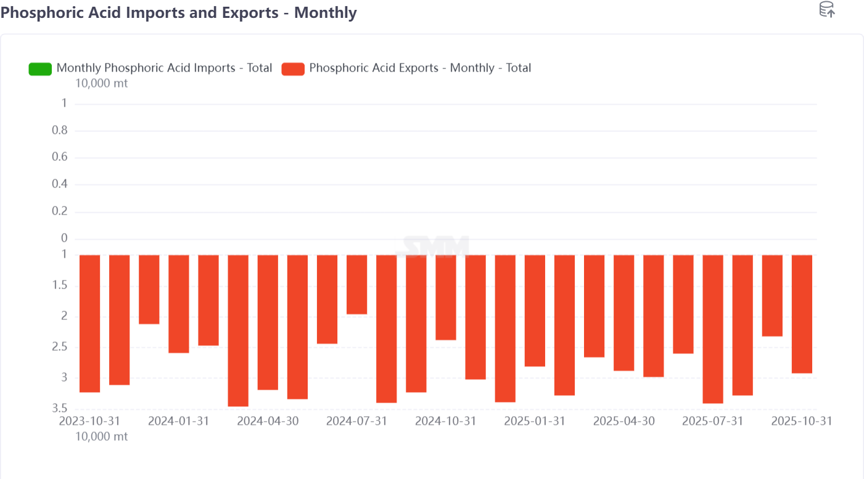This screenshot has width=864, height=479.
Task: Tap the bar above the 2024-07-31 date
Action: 356,284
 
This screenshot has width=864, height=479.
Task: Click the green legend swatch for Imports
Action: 40,68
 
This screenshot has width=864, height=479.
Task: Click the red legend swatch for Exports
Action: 293,68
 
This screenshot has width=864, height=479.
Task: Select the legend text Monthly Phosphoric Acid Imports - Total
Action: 164,68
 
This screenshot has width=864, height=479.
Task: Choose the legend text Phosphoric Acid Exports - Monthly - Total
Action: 420,68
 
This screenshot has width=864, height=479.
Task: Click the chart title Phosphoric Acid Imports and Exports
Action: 179,12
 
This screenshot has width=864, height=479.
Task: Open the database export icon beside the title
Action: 826,9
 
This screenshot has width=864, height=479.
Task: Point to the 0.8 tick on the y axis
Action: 59,131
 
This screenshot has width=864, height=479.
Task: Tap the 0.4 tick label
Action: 59,184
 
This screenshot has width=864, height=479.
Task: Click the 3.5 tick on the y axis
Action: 59,408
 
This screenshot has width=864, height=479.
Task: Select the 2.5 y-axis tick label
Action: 59,347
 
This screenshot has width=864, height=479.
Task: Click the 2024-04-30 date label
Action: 268,421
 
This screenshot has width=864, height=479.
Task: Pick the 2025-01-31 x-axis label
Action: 535,421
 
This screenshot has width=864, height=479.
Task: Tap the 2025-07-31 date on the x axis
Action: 712,421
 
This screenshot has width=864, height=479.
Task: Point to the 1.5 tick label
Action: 59,285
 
